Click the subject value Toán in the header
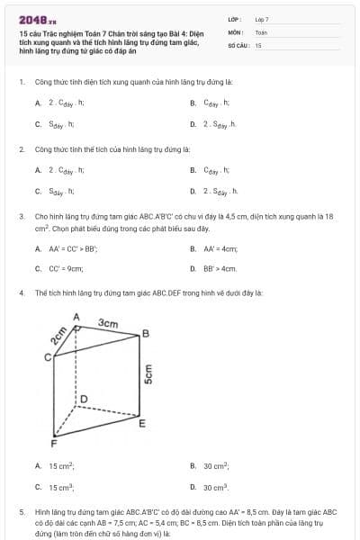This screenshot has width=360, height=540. tap(261, 31)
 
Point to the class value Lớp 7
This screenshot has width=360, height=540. tap(262, 19)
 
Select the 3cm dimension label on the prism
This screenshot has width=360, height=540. tap(108, 322)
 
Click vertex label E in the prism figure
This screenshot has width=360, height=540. tap(141, 423)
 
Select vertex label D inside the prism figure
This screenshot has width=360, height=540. tap(84, 398)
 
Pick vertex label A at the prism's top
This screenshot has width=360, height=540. tap(76, 317)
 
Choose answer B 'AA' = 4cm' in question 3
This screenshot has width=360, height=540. tap(220, 248)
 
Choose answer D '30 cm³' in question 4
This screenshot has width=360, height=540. tap(215, 487)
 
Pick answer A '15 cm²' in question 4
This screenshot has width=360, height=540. tap(61, 466)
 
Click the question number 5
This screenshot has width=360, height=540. tap(20, 510)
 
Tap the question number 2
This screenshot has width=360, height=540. tap(20, 148)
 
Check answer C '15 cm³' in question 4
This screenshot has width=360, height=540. tap(61, 487)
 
